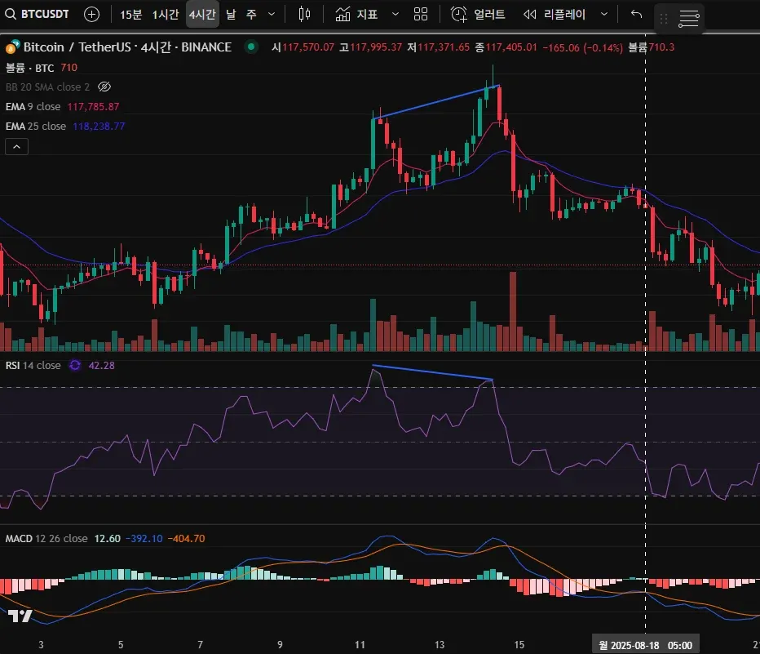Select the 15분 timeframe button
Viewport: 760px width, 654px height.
130,14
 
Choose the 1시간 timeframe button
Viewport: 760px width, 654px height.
166,14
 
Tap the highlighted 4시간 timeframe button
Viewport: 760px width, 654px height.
201,14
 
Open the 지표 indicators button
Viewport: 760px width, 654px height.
356,14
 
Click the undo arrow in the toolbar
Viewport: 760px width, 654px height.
637,14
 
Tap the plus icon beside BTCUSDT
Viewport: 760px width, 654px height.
92,14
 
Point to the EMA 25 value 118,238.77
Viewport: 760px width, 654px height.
99,127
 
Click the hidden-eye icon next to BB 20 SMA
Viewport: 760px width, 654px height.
104,87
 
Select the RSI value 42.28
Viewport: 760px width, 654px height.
101,366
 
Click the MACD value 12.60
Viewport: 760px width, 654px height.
108,539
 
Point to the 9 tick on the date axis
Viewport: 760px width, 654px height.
280,645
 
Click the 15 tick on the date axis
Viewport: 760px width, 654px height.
519,645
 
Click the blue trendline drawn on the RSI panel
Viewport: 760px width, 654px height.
432,372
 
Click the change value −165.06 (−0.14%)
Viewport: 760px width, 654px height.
577,47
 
